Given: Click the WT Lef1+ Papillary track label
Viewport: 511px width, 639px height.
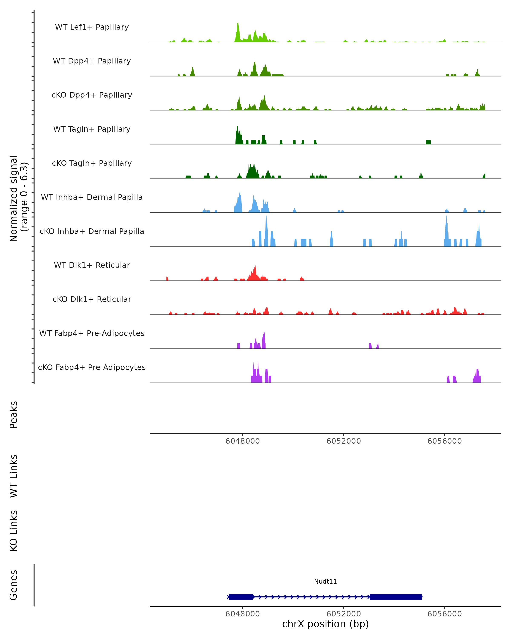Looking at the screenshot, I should point(92,27).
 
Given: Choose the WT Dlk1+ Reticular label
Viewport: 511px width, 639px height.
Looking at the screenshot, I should point(92,265).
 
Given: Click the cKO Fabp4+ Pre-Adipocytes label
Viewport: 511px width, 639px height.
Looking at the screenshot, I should point(92,367).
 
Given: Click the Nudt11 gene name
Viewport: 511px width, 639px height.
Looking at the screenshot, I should point(325,581).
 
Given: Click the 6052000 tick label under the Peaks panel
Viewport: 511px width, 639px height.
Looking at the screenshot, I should point(344,441).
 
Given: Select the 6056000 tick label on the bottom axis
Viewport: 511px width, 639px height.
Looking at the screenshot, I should point(444,614).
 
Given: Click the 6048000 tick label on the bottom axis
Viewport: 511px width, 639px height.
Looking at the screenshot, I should point(242,614).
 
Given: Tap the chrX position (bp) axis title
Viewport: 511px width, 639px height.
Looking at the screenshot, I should point(325,624).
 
